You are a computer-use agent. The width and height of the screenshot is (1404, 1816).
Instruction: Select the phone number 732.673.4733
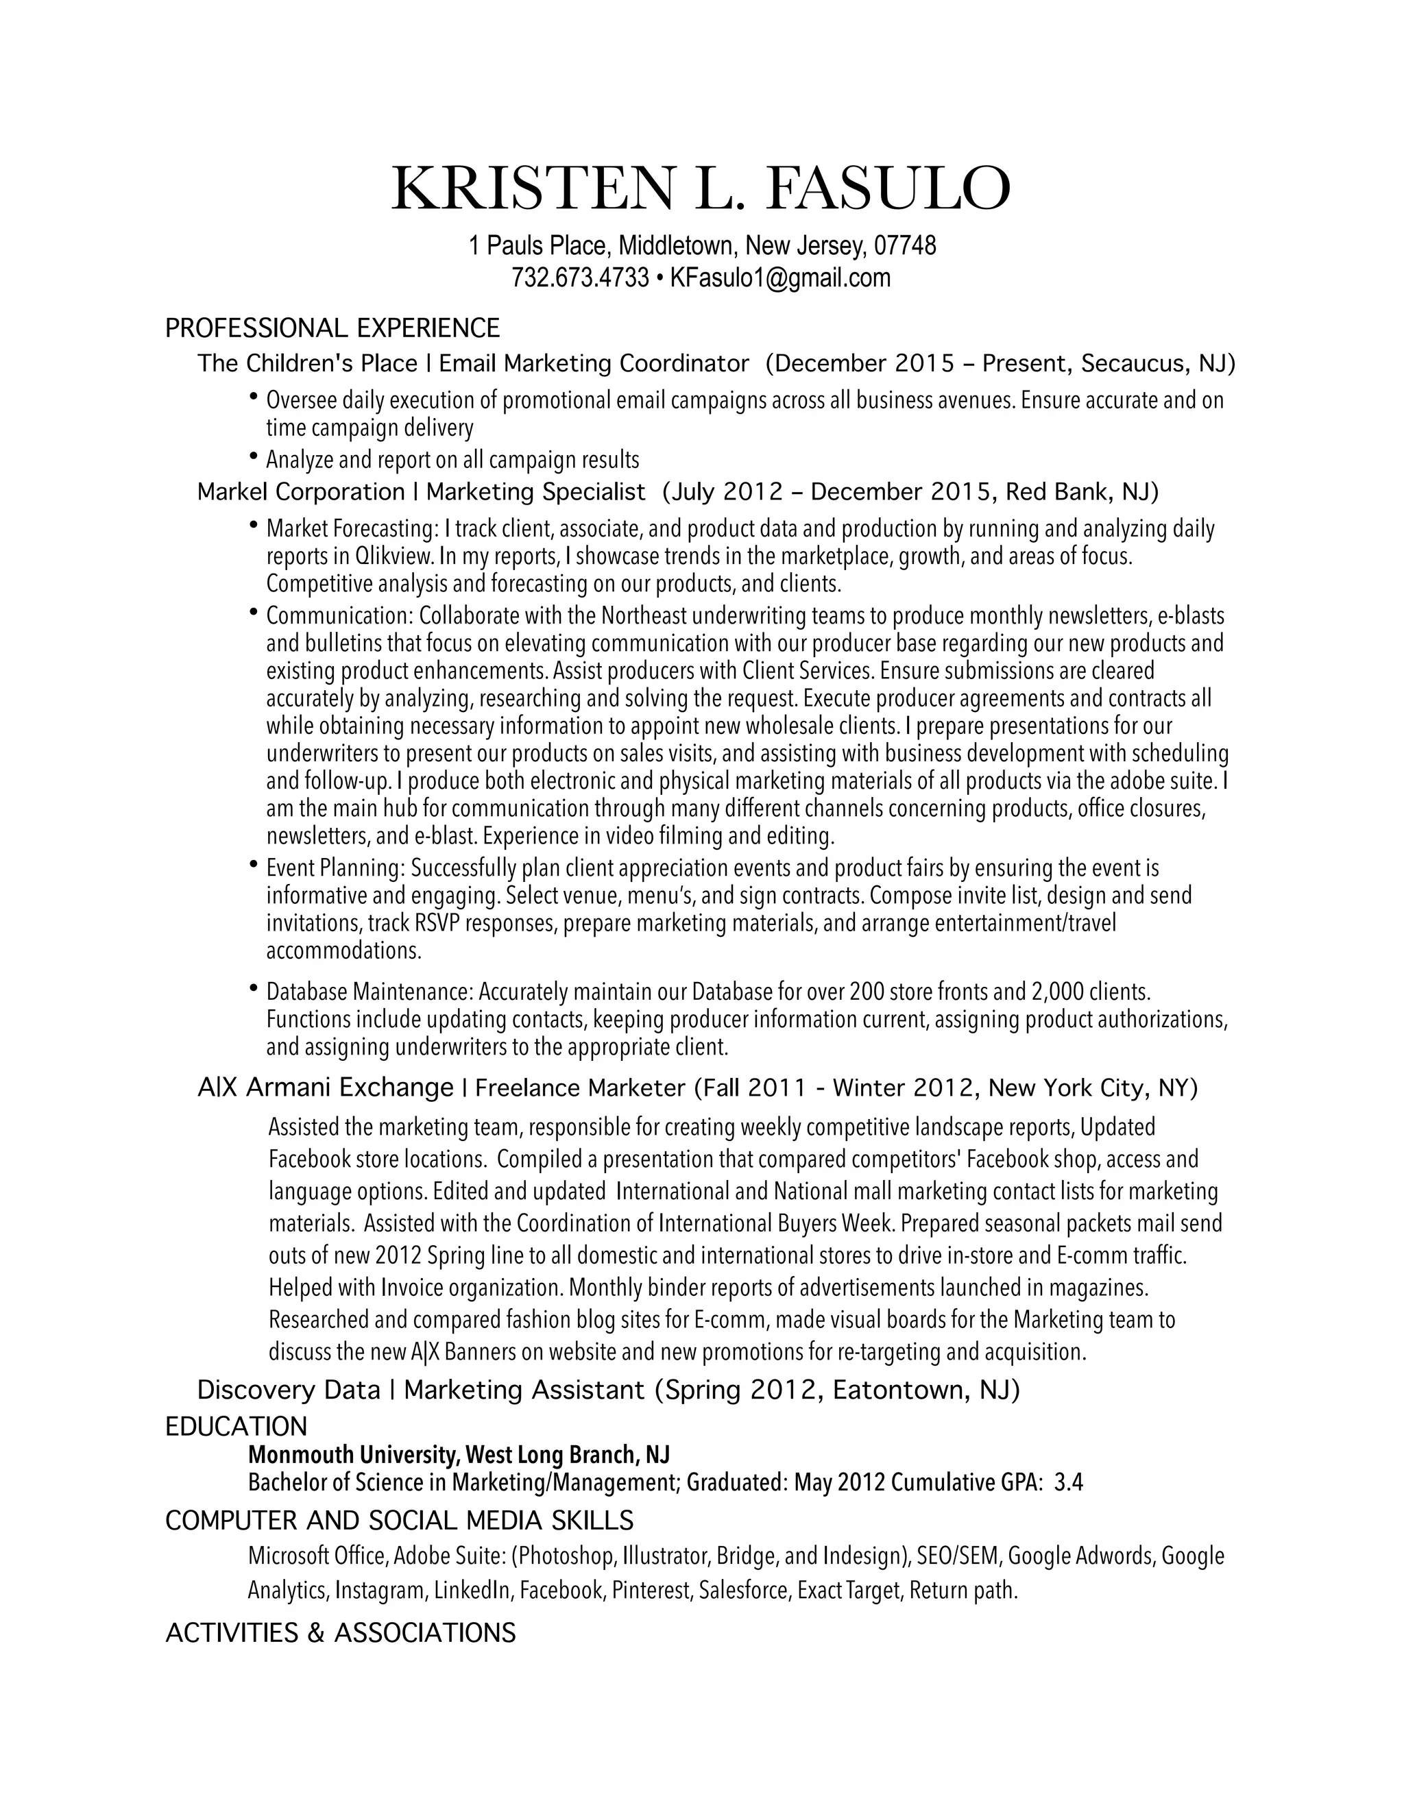point(580,278)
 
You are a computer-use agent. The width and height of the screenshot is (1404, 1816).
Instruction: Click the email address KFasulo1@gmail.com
point(780,278)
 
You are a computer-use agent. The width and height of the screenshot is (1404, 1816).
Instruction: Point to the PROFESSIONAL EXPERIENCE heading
point(332,328)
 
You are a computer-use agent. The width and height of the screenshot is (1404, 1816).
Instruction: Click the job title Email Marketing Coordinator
point(594,364)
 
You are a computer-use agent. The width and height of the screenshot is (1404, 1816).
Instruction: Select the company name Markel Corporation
point(301,492)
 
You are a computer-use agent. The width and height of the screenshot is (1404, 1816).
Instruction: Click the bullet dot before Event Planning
point(254,865)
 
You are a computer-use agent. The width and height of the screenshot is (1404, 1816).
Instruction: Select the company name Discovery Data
point(289,1390)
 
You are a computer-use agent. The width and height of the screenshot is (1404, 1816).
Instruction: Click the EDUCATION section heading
point(237,1427)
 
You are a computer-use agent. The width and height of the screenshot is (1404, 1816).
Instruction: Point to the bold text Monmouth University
point(352,1455)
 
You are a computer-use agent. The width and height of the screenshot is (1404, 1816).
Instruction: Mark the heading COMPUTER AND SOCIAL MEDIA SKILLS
point(399,1521)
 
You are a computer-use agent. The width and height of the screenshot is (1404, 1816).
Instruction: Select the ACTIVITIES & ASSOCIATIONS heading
point(341,1634)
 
